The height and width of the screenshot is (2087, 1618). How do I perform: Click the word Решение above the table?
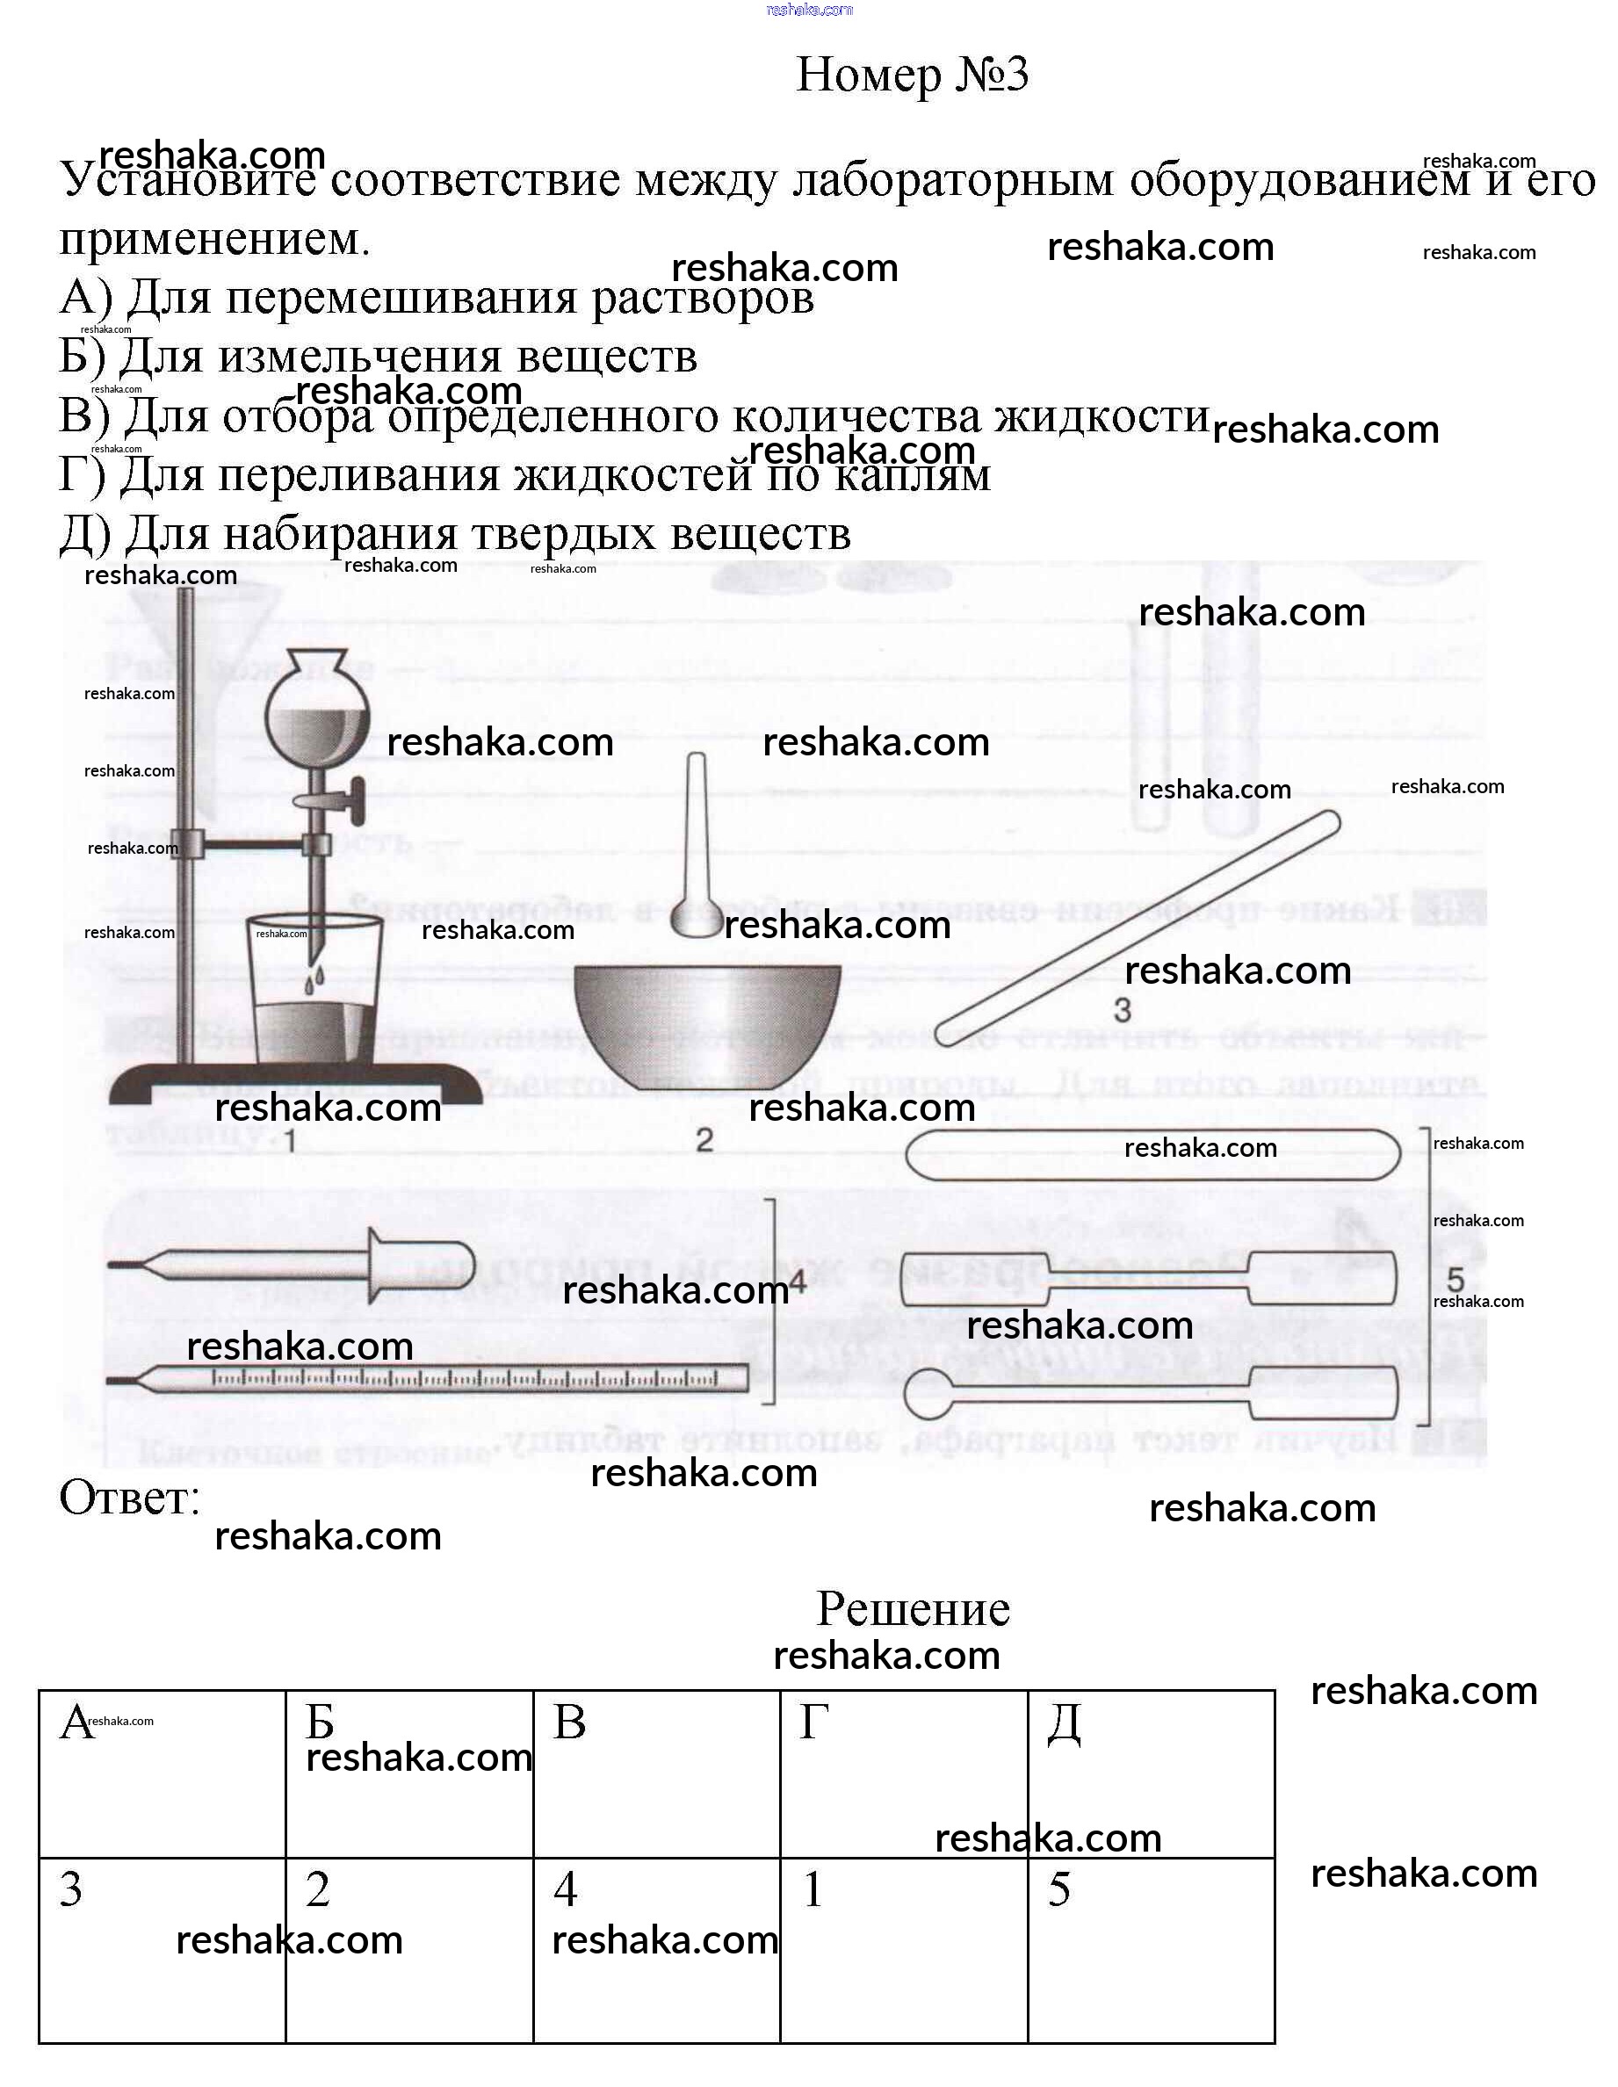[x=913, y=1609]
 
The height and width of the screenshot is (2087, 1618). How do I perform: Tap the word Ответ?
[x=129, y=1498]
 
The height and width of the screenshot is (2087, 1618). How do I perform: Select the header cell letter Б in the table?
[x=320, y=1723]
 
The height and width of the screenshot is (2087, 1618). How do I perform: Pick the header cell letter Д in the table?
[x=1064, y=1724]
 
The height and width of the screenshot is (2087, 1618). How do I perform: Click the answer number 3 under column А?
[x=71, y=1890]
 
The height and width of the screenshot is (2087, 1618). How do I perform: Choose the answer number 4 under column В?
[x=566, y=1890]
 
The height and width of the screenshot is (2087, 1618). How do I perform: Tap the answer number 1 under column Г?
[x=813, y=1890]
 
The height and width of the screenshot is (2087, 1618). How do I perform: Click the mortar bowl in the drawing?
[x=707, y=1022]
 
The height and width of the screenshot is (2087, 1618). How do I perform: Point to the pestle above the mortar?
[x=697, y=850]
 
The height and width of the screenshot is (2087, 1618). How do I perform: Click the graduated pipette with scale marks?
[x=430, y=1378]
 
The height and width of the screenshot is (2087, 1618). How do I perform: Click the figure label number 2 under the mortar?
[x=704, y=1140]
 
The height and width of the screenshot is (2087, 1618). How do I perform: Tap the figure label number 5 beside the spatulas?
[x=1455, y=1279]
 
